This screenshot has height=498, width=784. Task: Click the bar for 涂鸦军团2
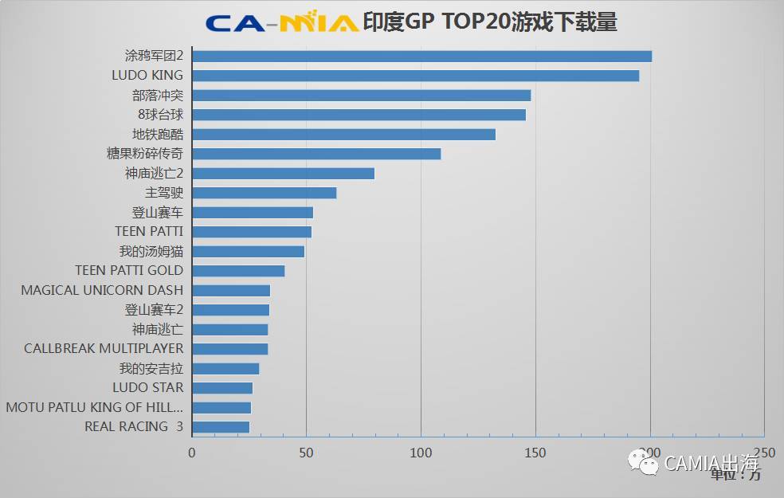click(x=422, y=56)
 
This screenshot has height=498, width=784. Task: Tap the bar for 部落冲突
click(x=362, y=95)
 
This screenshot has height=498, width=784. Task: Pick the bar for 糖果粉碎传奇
click(x=316, y=154)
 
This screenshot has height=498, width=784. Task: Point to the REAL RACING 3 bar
click(x=221, y=427)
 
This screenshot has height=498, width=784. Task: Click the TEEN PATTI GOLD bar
click(x=238, y=271)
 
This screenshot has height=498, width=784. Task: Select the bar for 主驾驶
click(x=265, y=193)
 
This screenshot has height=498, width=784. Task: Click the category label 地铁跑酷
click(x=158, y=134)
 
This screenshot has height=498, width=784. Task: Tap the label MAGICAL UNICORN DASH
click(x=102, y=290)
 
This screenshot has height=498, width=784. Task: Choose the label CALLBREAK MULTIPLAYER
click(x=104, y=348)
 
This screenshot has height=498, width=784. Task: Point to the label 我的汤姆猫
click(x=151, y=251)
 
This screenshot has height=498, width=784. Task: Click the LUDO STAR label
click(x=147, y=387)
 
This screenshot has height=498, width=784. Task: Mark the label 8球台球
click(x=160, y=114)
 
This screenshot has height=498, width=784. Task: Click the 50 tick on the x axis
click(x=307, y=453)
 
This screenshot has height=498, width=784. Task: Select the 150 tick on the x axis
click(x=535, y=453)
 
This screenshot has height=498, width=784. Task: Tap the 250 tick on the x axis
click(x=764, y=453)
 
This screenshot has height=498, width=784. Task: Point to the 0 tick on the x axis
click(x=192, y=453)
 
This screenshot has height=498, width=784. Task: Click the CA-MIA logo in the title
click(x=281, y=22)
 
